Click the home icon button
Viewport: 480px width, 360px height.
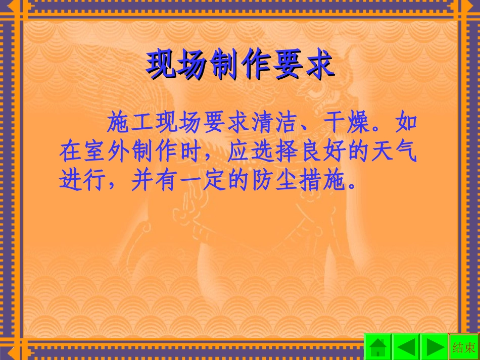pos(378,347)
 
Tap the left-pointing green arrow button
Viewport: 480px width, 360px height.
pos(406,347)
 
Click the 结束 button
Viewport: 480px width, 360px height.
pos(464,347)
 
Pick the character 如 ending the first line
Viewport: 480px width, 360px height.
pos(407,123)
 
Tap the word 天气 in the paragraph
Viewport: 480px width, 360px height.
pos(396,152)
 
